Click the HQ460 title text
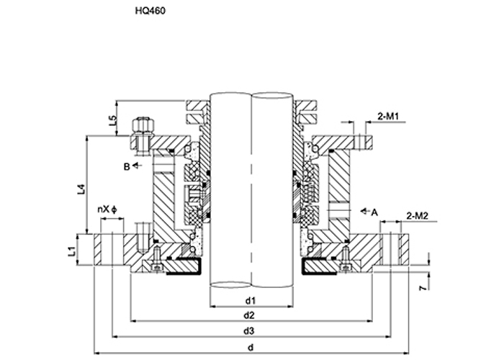[x=150, y=11]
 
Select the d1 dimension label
[x=251, y=301]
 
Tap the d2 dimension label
[x=249, y=315]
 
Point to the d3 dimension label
[x=249, y=330]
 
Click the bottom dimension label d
[x=251, y=348]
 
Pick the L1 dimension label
[x=72, y=251]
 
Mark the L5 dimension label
[x=112, y=120]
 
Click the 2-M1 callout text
[x=388, y=117]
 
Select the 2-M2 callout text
[x=417, y=216]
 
